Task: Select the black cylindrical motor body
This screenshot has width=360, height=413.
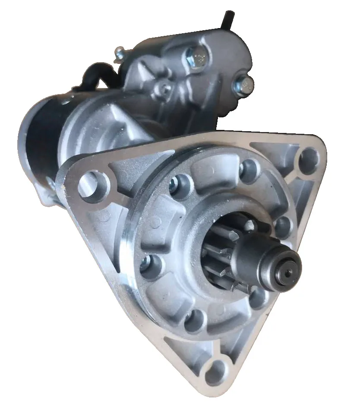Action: tap(41, 138)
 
